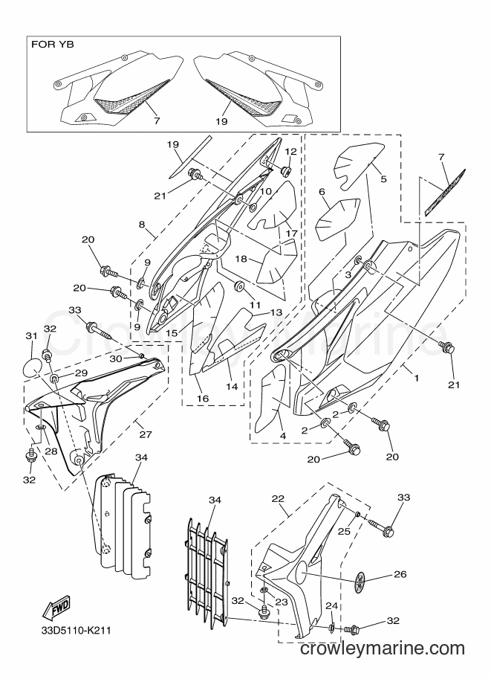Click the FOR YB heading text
(52, 45)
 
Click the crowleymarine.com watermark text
(382, 649)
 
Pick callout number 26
(400, 574)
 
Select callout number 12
(290, 151)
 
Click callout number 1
(416, 378)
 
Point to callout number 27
(146, 434)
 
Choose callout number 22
(278, 498)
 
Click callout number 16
(203, 399)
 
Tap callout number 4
(283, 437)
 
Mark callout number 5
(383, 178)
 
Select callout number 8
(142, 225)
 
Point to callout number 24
(331, 605)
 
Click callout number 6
(322, 191)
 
